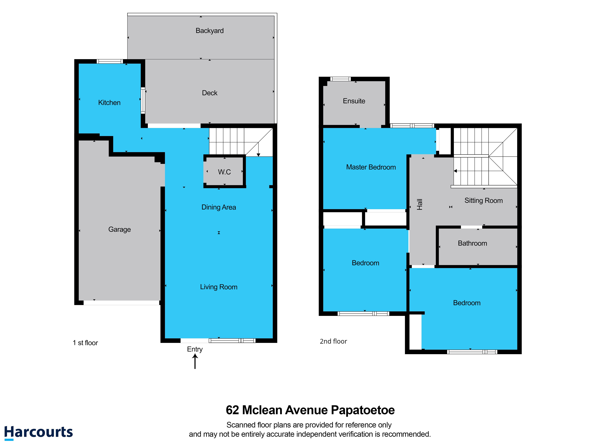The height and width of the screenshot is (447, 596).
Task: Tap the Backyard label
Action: pos(210,31)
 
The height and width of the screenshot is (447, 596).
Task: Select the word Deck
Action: pos(210,93)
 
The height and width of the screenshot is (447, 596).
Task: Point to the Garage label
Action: pos(120,230)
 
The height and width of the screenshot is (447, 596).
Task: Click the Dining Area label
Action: pos(219,207)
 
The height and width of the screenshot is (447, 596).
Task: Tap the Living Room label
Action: pos(219,287)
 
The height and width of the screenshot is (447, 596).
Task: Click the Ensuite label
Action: pos(354,101)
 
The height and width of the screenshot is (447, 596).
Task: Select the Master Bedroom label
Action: pos(371,167)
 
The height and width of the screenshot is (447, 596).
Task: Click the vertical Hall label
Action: pos(420,205)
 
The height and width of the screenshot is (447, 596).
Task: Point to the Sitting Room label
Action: pos(484,201)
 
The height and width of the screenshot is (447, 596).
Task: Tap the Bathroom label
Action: pos(473,243)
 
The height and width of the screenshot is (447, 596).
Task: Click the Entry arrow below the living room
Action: pos(195,361)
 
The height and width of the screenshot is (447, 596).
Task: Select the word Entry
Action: pos(195,349)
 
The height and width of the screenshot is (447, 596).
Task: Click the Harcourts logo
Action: pos(39,432)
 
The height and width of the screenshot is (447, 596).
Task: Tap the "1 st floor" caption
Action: pos(85,343)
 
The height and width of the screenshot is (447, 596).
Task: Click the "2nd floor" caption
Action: pos(333,341)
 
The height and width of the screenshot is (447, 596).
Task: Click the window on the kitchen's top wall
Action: pos(110,61)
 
